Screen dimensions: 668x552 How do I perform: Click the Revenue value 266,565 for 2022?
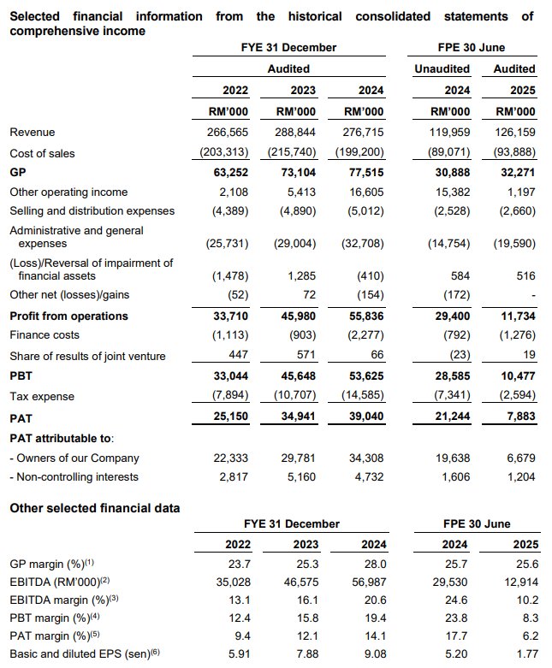[228, 133]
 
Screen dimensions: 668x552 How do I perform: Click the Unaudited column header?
[442, 68]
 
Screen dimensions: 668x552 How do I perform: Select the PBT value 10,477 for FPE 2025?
[515, 375]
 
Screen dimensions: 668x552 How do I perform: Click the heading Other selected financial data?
[94, 508]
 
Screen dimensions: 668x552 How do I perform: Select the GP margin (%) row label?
[52, 564]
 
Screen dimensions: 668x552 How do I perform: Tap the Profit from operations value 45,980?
[293, 316]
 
